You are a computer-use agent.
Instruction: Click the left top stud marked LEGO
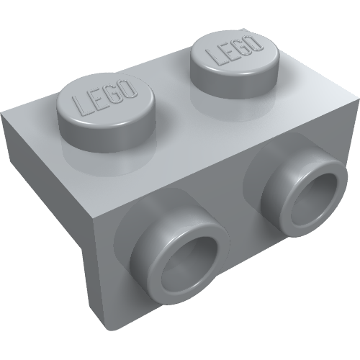click(x=106, y=101)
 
